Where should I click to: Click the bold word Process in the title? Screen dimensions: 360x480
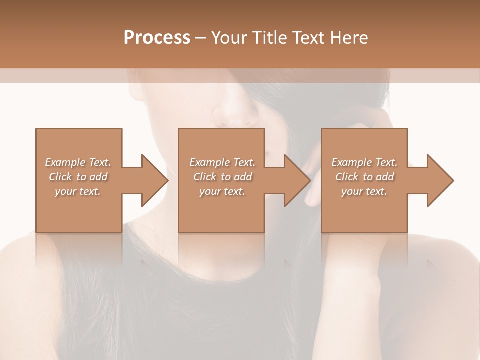(x=157, y=38)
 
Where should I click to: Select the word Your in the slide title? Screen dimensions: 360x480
(x=228, y=38)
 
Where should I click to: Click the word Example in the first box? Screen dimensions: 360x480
(x=65, y=162)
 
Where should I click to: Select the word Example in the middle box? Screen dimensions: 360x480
(x=209, y=162)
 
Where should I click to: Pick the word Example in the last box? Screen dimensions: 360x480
(x=351, y=162)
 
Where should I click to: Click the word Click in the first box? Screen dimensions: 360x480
(x=60, y=177)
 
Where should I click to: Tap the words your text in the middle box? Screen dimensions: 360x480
(x=222, y=191)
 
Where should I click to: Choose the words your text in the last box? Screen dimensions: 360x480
(x=364, y=191)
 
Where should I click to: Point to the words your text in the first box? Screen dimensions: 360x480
(x=78, y=191)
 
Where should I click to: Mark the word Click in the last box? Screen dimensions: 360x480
(x=347, y=177)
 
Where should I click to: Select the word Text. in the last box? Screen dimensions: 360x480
(x=385, y=162)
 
